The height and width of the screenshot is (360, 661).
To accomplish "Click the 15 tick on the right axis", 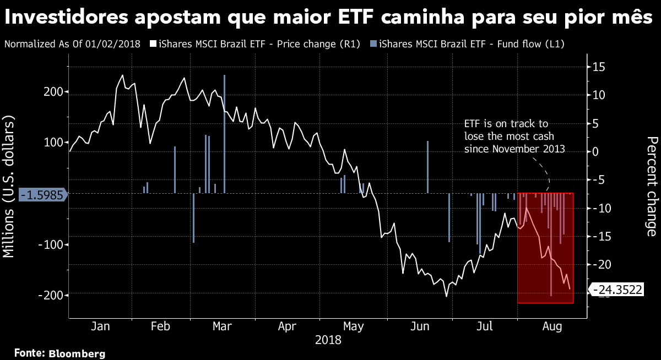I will [599, 67].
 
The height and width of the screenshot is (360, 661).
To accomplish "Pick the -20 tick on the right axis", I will [599, 265].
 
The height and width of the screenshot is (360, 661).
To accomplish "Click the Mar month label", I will [221, 326].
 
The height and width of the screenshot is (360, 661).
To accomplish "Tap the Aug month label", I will [551, 326].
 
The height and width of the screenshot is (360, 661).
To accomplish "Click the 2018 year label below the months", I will [328, 340].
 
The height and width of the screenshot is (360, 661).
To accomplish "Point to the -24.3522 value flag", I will [617, 290].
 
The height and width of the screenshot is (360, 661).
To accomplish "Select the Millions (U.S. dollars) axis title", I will [10, 187].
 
